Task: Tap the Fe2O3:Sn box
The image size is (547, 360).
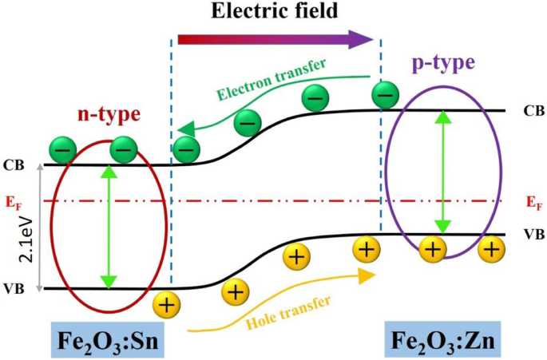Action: pyautogui.click(x=107, y=339)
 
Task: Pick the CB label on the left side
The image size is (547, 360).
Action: pyautogui.click(x=15, y=165)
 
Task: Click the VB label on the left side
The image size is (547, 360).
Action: pyautogui.click(x=14, y=288)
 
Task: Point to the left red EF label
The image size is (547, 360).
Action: pyautogui.click(x=15, y=200)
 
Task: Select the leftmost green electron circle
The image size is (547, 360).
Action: pyautogui.click(x=63, y=149)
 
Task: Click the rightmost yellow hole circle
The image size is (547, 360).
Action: pyautogui.click(x=492, y=249)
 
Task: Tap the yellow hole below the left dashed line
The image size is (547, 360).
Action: pyautogui.click(x=168, y=304)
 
